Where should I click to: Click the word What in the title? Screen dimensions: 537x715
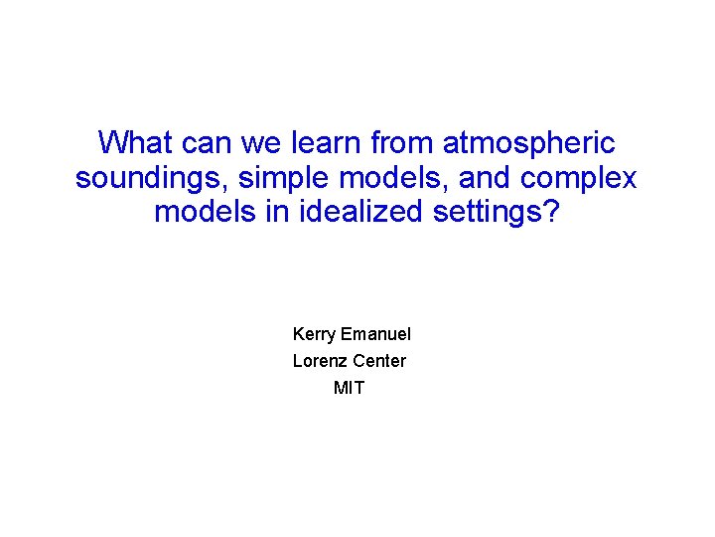(137, 143)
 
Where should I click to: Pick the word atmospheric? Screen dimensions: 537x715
(529, 143)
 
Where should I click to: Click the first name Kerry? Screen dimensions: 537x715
(315, 335)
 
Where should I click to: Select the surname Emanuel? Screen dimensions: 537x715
(375, 335)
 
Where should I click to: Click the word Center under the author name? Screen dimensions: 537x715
(379, 361)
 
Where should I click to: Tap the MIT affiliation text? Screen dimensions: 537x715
(349, 388)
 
